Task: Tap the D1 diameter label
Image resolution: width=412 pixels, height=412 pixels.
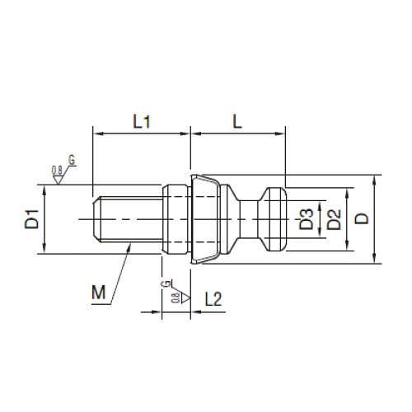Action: click(x=31, y=221)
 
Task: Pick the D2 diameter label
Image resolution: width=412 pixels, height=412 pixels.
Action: click(x=334, y=219)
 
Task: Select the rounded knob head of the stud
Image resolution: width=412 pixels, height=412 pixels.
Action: click(x=271, y=218)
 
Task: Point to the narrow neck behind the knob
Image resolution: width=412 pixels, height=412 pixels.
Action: click(x=248, y=218)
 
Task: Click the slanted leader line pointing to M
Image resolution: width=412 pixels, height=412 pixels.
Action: click(x=119, y=272)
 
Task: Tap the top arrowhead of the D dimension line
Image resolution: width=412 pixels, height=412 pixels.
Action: click(x=374, y=179)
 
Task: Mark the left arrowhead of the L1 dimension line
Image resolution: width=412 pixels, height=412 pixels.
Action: click(x=97, y=132)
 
